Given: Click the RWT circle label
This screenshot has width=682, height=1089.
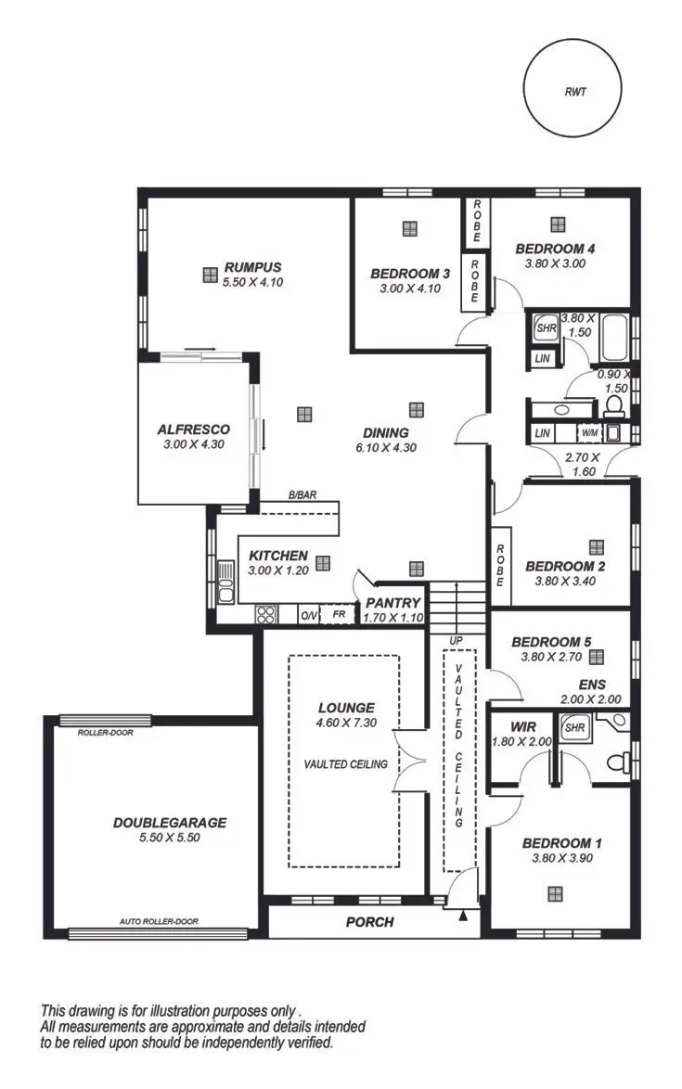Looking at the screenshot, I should [x=580, y=92].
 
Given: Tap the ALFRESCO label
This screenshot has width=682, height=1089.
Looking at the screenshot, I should [x=193, y=429].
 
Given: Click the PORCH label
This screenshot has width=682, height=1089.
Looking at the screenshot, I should [x=369, y=922].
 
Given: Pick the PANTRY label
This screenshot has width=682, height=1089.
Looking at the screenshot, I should [x=392, y=603].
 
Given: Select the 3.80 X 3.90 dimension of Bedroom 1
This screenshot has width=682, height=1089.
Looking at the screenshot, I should [x=562, y=858].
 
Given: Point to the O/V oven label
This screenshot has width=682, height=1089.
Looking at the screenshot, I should [x=308, y=615].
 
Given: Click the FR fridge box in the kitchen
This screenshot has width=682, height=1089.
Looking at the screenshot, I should [x=339, y=614].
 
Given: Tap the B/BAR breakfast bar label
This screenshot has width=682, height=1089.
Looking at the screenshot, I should [x=302, y=495].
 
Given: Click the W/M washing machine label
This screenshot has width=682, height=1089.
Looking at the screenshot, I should [x=589, y=433].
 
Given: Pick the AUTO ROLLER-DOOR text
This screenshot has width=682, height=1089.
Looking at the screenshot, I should [x=159, y=922].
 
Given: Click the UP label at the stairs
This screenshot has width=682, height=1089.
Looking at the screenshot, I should [x=456, y=641].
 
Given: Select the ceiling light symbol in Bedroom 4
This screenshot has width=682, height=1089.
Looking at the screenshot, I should [x=558, y=224].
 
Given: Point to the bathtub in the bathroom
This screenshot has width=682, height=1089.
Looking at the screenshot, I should [x=614, y=340].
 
